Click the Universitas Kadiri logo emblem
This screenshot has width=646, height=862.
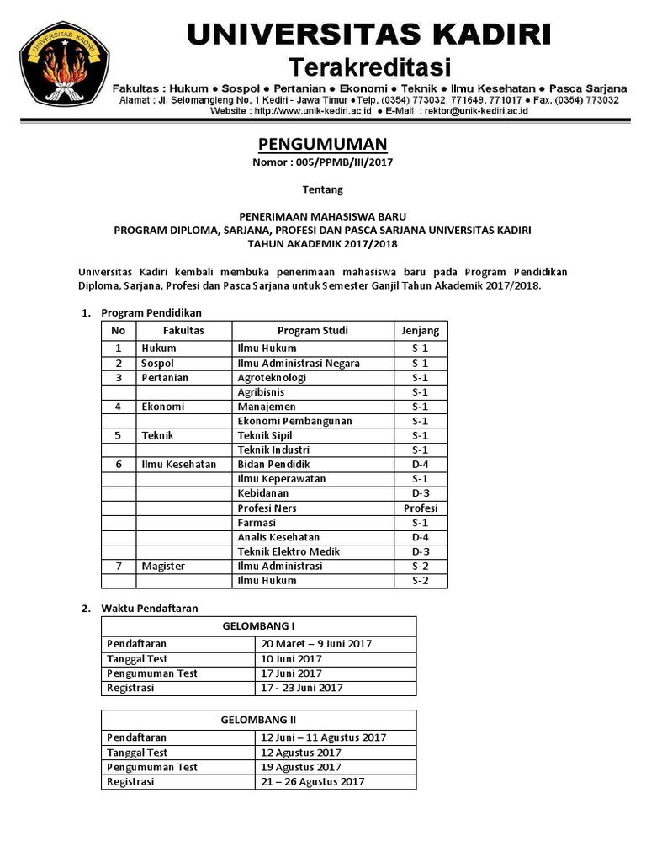point(62,68)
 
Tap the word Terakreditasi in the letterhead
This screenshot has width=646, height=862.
point(370,67)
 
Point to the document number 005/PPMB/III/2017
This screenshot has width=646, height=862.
point(323,162)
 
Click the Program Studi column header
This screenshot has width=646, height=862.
point(312,330)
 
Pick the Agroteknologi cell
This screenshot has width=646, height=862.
point(272,378)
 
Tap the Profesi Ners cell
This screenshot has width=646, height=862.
point(267,508)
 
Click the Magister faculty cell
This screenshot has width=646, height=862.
point(163,566)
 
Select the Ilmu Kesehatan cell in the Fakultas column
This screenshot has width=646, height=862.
point(178,465)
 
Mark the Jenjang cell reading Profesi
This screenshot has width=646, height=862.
point(421,508)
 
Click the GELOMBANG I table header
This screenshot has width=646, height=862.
point(258,626)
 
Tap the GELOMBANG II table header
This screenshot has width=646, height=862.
point(259,720)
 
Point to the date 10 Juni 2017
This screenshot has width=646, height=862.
point(291,659)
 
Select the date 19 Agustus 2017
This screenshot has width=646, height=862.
point(301,767)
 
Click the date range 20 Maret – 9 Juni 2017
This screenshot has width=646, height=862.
point(316,644)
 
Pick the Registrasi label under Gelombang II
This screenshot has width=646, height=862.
point(130,781)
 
